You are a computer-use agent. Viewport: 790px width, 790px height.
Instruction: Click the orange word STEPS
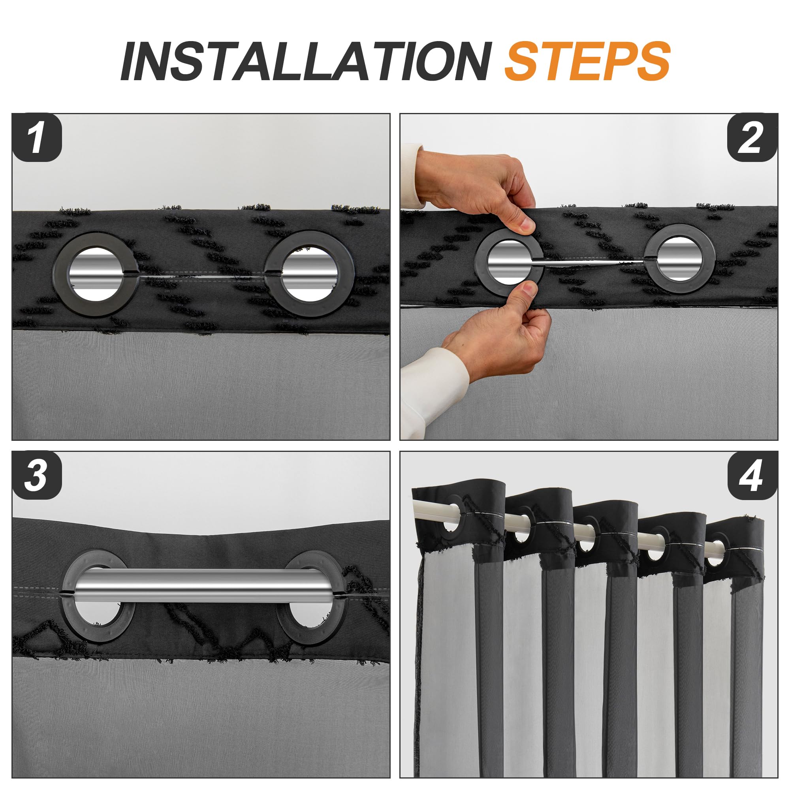coord(588,61)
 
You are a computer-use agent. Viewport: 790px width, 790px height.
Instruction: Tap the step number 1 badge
coord(37,138)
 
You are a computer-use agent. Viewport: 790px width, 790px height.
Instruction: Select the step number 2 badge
coord(753,138)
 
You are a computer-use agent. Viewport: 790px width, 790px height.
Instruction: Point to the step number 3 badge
coord(37,475)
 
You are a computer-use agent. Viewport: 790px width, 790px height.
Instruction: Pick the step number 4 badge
coord(753,475)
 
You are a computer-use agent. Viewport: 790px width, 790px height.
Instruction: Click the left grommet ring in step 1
coord(60,274)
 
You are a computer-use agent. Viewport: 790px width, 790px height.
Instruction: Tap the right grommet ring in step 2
coord(650,258)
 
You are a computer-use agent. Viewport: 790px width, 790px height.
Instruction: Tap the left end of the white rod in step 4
coord(414,508)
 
